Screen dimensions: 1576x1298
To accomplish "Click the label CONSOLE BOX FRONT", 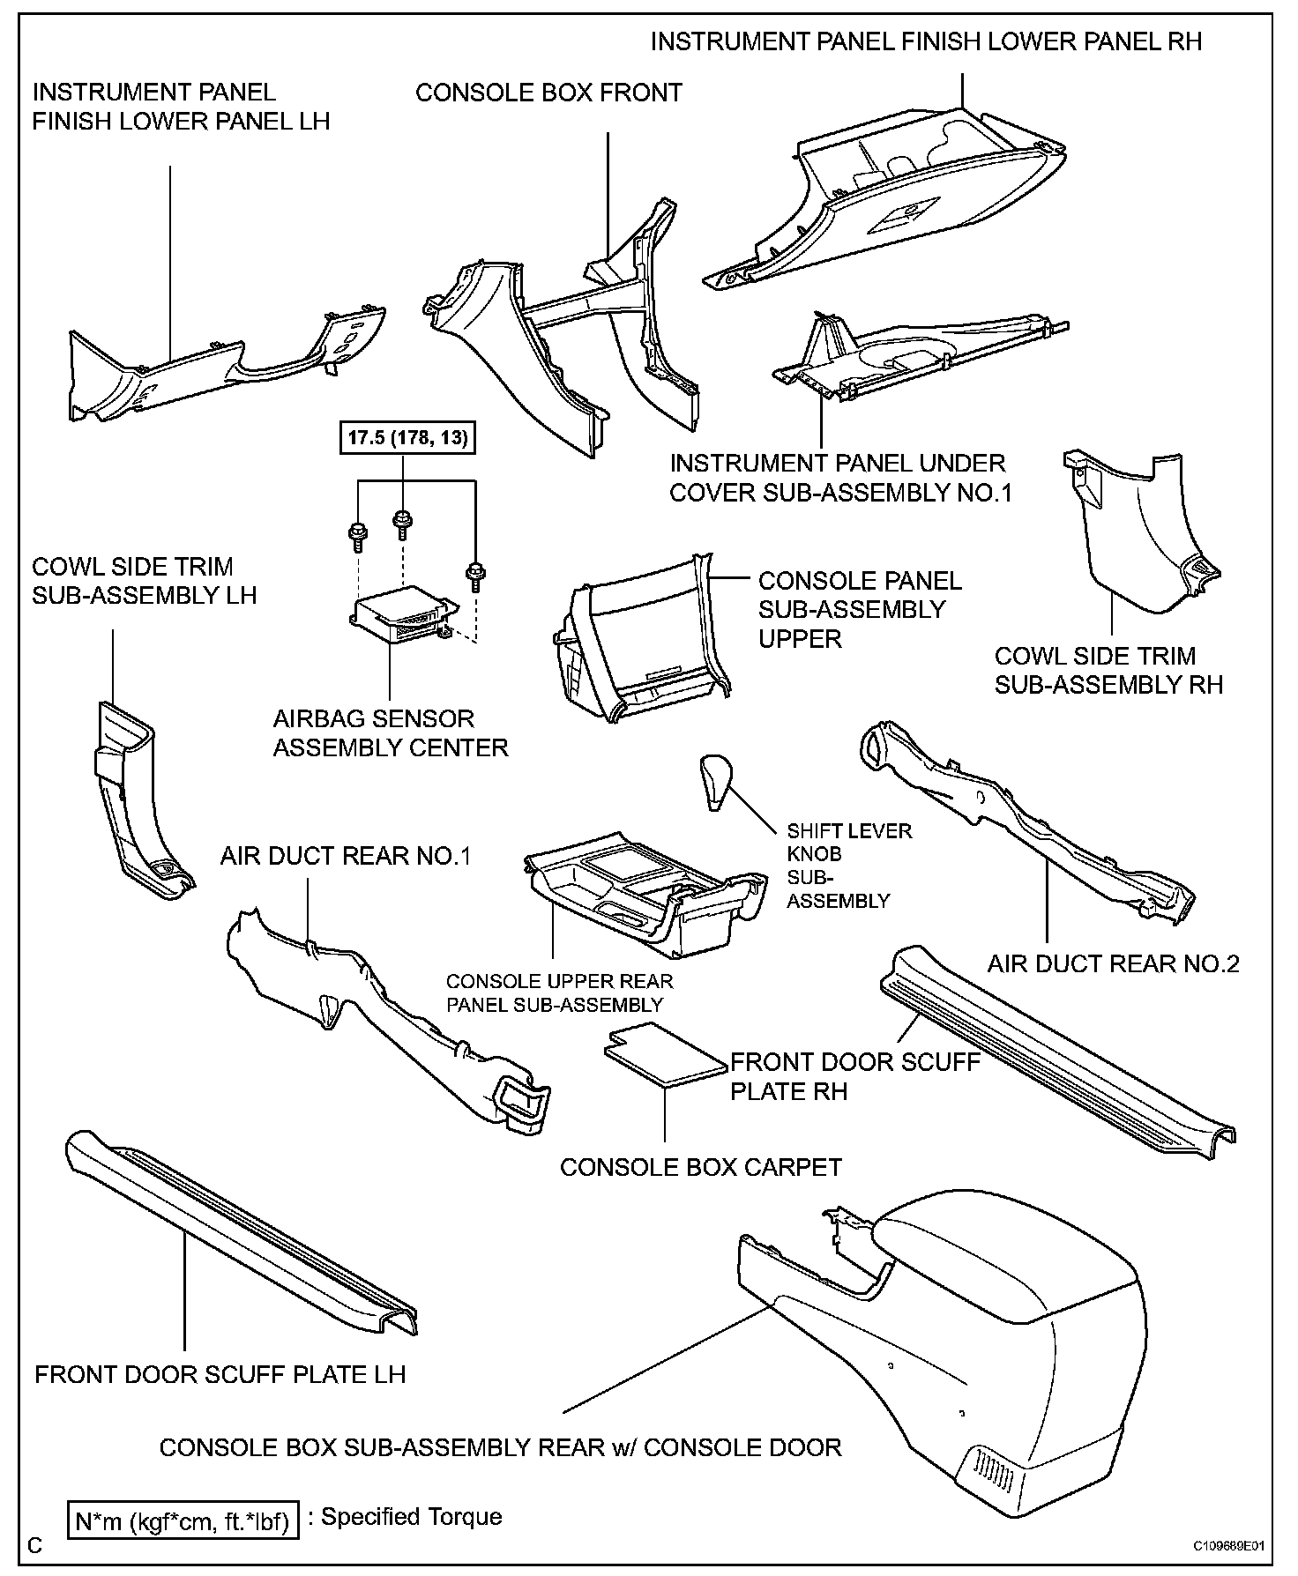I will click(x=548, y=93).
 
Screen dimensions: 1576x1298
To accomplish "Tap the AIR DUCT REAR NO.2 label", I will click(x=1113, y=963).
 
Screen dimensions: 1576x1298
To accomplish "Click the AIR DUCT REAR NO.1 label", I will click(x=346, y=856).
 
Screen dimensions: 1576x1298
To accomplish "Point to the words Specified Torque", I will click(x=412, y=1516).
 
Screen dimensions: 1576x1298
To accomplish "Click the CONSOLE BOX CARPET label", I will click(x=701, y=1167).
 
